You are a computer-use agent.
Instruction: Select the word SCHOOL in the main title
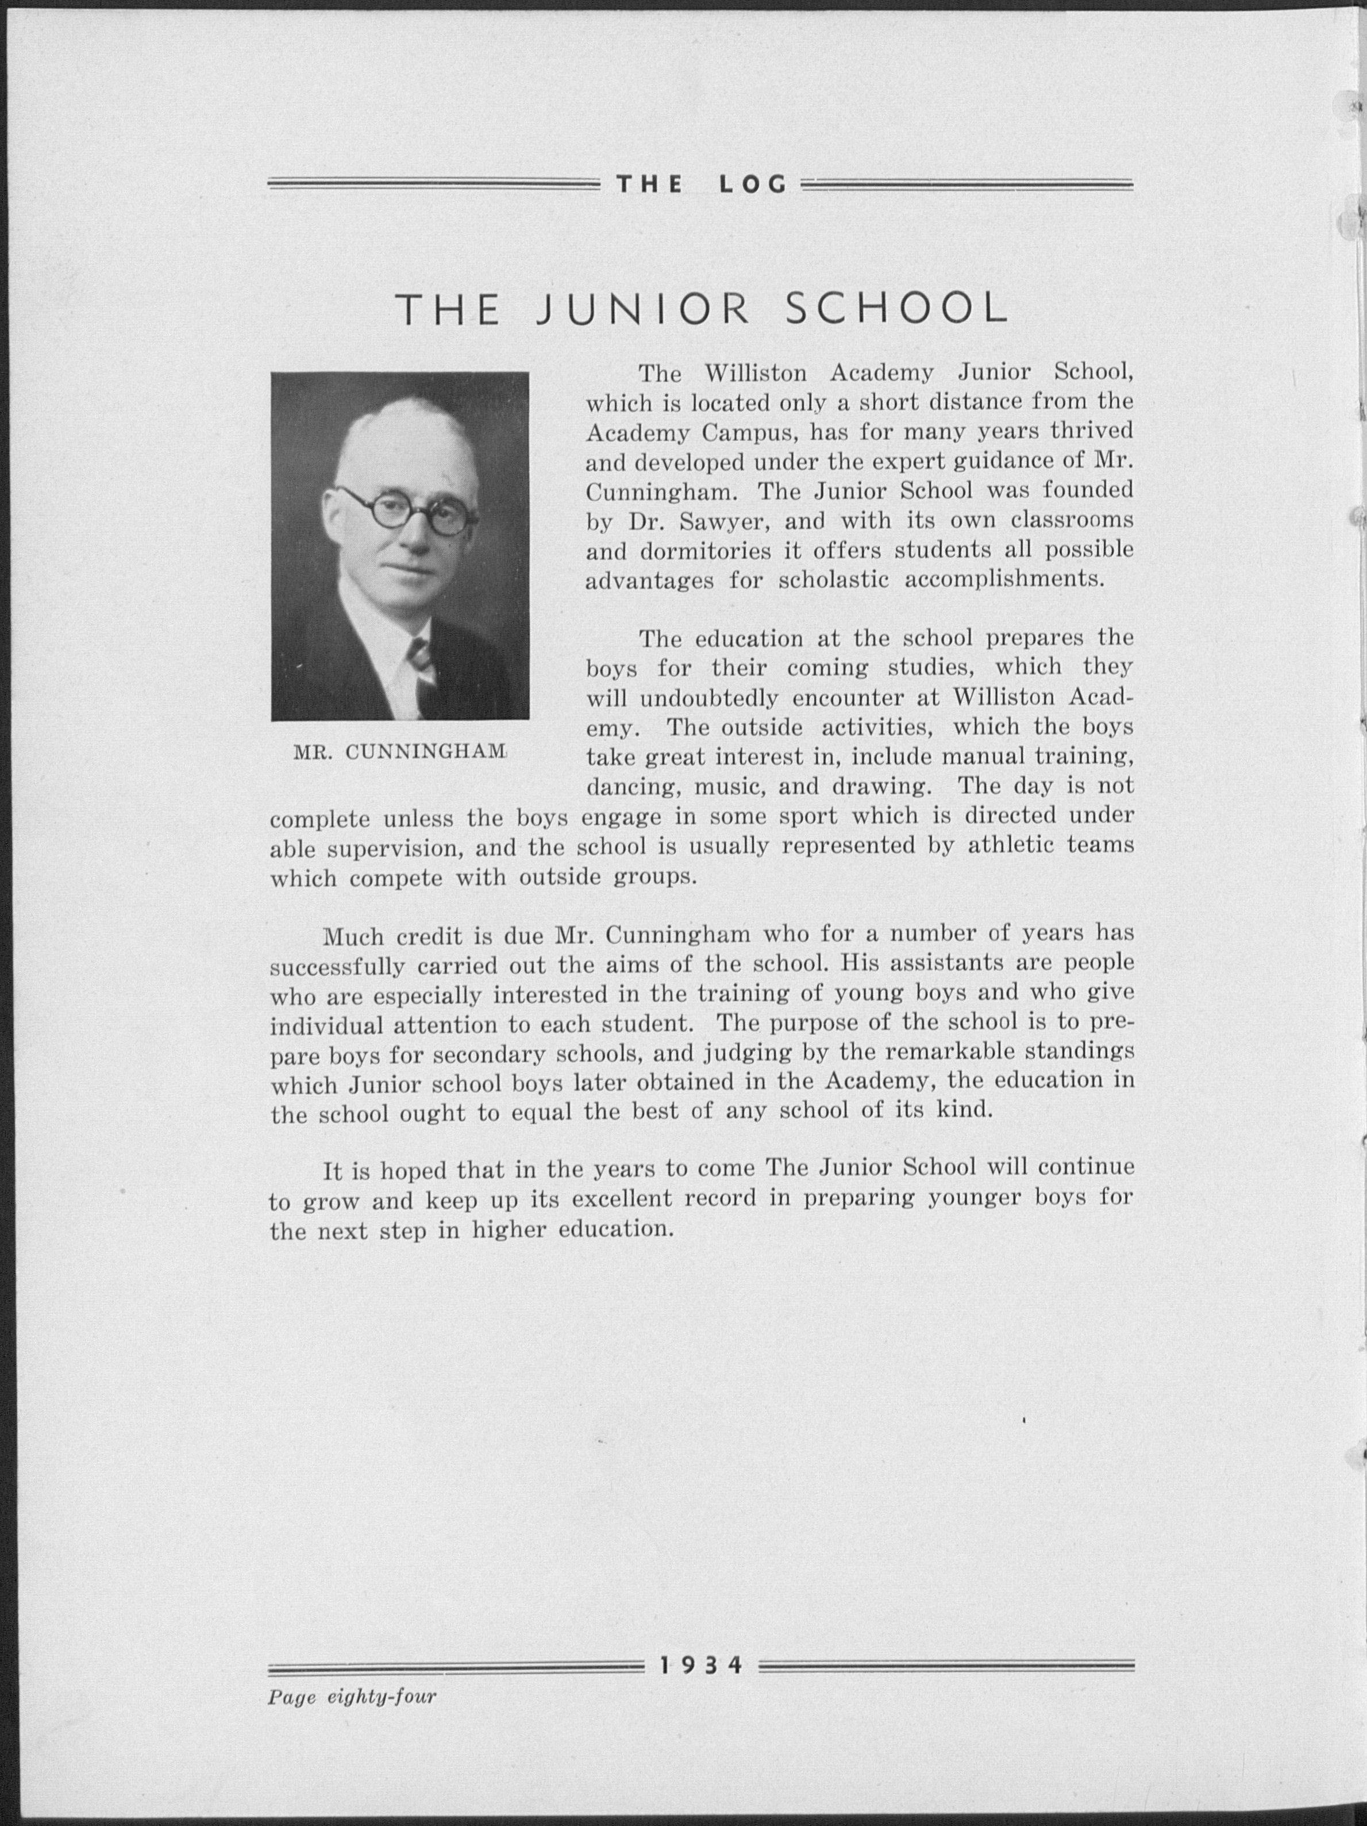coord(896,310)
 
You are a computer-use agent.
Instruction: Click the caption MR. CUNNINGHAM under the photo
coord(399,751)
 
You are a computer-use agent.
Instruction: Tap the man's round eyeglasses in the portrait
coord(405,509)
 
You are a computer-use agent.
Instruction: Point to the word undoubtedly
coord(708,698)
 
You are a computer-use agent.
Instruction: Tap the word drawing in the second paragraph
coord(881,787)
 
